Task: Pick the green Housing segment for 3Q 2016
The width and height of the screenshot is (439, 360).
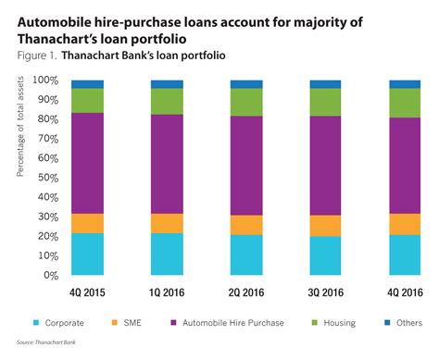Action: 326,102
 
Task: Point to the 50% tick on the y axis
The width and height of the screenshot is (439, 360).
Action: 47,178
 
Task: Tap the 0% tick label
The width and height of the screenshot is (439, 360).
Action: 51,275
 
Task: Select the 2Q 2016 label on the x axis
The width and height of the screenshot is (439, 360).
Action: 246,291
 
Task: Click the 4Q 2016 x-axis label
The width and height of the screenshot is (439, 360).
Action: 406,291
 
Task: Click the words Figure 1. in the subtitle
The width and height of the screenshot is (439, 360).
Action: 38,56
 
